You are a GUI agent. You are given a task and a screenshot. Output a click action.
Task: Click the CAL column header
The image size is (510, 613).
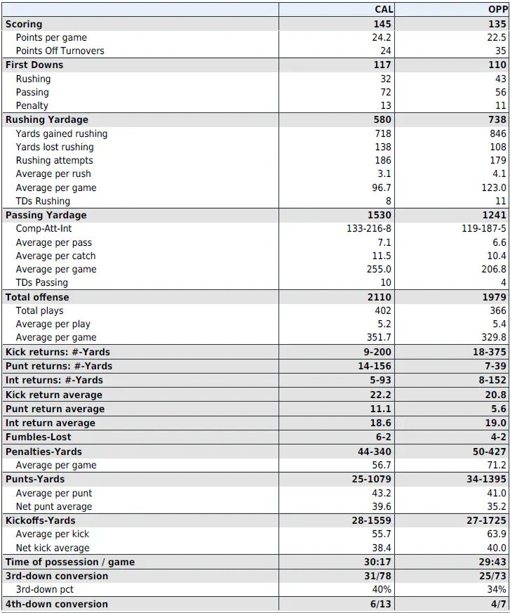coord(383,9)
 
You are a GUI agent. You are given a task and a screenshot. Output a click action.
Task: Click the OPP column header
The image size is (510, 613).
coord(497,9)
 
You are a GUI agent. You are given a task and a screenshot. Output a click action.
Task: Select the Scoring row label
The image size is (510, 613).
coord(24,24)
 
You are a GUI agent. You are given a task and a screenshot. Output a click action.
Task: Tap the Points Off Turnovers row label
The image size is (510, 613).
coord(60,51)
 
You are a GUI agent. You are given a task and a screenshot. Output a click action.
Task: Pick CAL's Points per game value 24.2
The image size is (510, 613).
coord(382,37)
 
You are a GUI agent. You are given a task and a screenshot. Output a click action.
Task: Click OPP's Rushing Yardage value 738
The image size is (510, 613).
coord(497,119)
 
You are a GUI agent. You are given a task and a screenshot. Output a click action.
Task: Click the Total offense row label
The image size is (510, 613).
coord(37,297)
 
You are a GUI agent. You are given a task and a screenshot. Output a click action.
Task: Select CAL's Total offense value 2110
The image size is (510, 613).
coord(379,297)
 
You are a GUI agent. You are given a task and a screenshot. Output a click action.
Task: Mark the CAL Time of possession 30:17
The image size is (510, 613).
coord(378,562)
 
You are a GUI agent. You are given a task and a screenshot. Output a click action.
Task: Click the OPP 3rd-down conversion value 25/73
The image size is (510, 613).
coord(492,576)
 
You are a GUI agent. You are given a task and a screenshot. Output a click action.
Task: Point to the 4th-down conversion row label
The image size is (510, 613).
coord(57,604)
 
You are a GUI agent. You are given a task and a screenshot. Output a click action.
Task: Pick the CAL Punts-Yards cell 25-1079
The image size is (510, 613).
coord(372,479)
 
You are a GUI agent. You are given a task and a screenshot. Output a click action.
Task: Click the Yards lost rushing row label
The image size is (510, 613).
coord(55,147)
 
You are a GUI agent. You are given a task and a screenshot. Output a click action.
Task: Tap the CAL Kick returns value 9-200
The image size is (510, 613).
coord(376,352)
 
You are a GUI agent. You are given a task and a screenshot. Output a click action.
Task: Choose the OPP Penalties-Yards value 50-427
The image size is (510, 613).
coord(490,451)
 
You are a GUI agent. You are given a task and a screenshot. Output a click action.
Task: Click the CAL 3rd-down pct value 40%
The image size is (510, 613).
coord(382,589)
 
